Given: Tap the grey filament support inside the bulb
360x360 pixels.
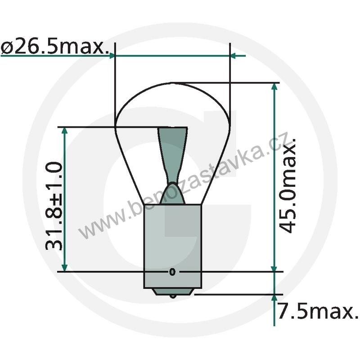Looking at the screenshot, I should click(x=172, y=153).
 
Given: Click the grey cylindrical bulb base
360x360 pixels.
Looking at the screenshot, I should click(x=172, y=243).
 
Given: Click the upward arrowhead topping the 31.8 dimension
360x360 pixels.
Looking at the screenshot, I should click(x=65, y=131).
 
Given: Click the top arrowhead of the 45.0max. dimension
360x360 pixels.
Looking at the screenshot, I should click(x=274, y=86).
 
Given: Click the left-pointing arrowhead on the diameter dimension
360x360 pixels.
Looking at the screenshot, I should click(x=234, y=55).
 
